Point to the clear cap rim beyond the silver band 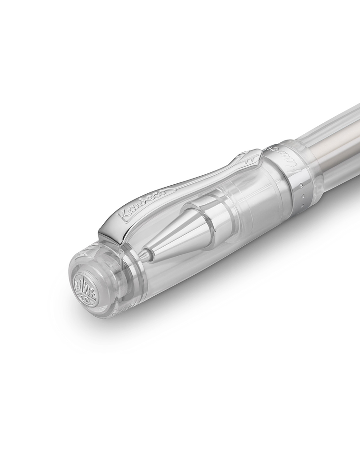point(312,169)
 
